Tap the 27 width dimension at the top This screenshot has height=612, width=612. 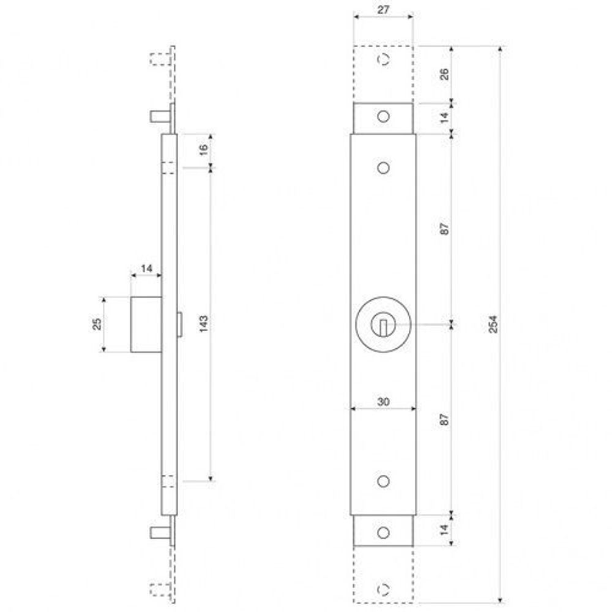click(383, 10)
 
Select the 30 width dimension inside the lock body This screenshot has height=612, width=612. click(383, 401)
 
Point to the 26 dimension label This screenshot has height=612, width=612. click(445, 74)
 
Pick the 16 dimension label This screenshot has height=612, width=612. click(204, 147)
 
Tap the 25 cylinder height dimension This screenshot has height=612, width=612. click(97, 324)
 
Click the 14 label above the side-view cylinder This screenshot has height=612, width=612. click(146, 268)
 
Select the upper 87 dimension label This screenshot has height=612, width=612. click(445, 228)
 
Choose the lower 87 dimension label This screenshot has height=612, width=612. click(445, 419)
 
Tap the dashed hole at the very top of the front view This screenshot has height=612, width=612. click(384, 60)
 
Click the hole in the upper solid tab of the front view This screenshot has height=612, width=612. click(384, 116)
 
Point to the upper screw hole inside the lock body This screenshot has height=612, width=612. click(384, 168)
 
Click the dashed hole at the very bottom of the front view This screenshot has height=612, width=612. click(384, 589)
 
